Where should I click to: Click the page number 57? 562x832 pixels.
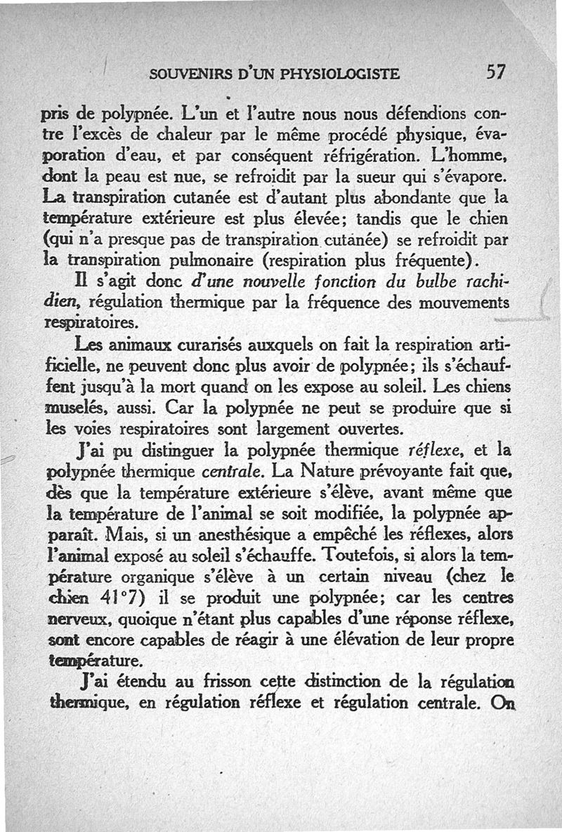tap(495, 72)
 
